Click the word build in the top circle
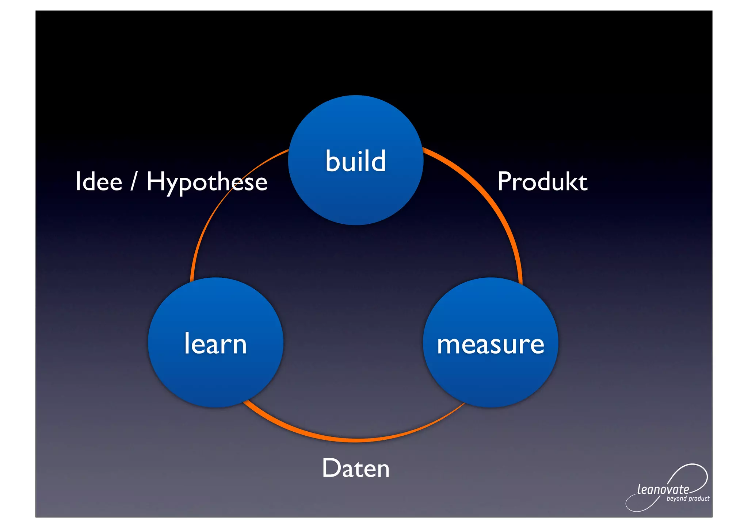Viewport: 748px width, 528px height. (355, 161)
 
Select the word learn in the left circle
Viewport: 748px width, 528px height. (215, 344)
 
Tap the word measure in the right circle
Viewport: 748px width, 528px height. (491, 344)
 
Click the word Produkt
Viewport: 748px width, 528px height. (542, 181)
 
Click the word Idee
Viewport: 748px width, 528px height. (99, 181)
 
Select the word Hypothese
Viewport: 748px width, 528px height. (207, 182)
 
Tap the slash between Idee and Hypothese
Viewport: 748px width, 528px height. (134, 181)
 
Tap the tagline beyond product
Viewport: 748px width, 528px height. (688, 499)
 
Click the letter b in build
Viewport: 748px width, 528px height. (333, 161)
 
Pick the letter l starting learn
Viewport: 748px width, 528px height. (187, 343)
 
